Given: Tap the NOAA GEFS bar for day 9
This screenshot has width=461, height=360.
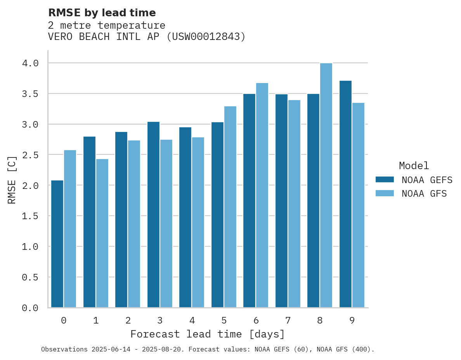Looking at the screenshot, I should pyautogui.click(x=345, y=194).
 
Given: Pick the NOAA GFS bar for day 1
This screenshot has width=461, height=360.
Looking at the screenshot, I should pyautogui.click(x=102, y=233).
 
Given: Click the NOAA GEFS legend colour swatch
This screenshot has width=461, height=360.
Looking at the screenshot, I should pyautogui.click(x=385, y=180).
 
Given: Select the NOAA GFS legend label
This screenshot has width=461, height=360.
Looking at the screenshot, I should pyautogui.click(x=424, y=194).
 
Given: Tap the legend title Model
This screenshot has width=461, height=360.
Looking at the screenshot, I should pyautogui.click(x=414, y=166).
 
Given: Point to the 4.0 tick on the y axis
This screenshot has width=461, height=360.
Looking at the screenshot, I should pyautogui.click(x=30, y=63).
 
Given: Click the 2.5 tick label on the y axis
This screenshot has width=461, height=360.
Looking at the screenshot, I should pyautogui.click(x=30, y=155).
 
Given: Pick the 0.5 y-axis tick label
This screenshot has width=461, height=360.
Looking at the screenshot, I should pyautogui.click(x=30, y=277).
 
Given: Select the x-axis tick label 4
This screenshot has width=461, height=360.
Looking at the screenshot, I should pyautogui.click(x=192, y=320).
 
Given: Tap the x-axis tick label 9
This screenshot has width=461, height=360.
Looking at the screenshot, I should pyautogui.click(x=352, y=320).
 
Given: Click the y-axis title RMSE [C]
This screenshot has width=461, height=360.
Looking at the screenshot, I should pyautogui.click(x=12, y=180).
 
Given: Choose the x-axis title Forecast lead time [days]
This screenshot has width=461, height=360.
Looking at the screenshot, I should pyautogui.click(x=208, y=334).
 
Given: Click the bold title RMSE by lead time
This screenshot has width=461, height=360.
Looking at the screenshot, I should pyautogui.click(x=102, y=13).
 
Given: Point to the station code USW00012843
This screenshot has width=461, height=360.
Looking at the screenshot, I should pyautogui.click(x=206, y=37).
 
